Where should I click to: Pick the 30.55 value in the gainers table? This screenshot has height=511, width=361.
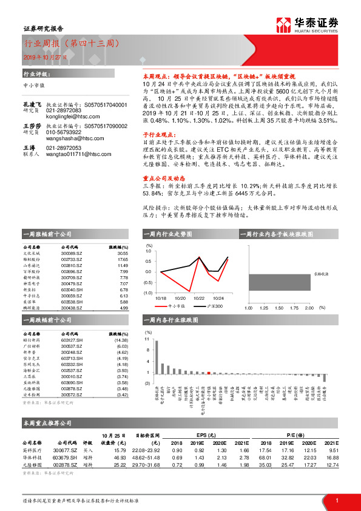pyautogui.click(x=123, y=254)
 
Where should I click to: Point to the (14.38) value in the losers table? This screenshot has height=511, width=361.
pyautogui.click(x=121, y=340)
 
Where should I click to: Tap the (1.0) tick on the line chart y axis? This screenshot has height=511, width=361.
pyautogui.click(x=148, y=293)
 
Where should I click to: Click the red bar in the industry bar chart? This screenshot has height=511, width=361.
pyautogui.click(x=209, y=373)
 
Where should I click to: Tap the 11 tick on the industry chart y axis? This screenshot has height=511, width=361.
pyautogui.click(x=147, y=340)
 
